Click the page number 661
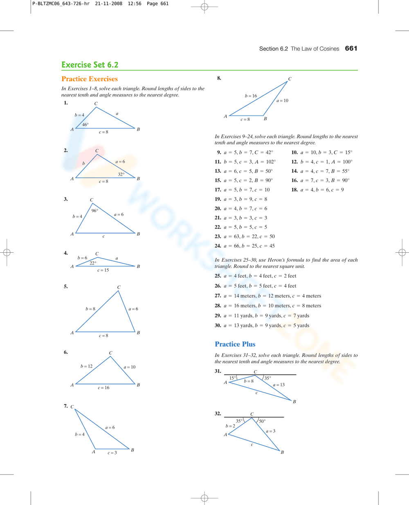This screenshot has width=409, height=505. tap(351, 49)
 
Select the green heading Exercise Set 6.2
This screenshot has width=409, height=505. tap(90, 65)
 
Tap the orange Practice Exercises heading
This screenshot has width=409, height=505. tap(90, 79)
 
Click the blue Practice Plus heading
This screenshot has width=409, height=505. tap(235, 344)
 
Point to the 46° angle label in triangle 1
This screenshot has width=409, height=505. tap(85, 125)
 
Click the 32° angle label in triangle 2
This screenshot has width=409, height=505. tap(121, 174)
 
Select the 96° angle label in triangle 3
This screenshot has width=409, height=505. tap(94, 211)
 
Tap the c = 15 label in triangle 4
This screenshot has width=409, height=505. tap(103, 270)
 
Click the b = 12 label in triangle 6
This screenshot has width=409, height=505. tap(86, 366)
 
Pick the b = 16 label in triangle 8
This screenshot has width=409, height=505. tap(251, 96)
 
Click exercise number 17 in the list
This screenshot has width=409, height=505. tap(218, 190)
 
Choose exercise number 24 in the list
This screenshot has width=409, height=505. tap(218, 246)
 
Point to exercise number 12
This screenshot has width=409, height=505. tap(294, 162)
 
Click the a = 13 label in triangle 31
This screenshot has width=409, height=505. tap(279, 385)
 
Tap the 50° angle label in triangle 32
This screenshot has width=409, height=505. tap(262, 421)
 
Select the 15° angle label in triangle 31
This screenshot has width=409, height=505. tap(232, 378)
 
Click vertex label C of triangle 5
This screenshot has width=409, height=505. tap(119, 287)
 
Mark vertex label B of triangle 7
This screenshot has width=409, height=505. tap(133, 450)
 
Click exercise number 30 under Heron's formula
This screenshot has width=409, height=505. tap(218, 325)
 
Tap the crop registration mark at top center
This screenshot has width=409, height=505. tap(204, 7)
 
